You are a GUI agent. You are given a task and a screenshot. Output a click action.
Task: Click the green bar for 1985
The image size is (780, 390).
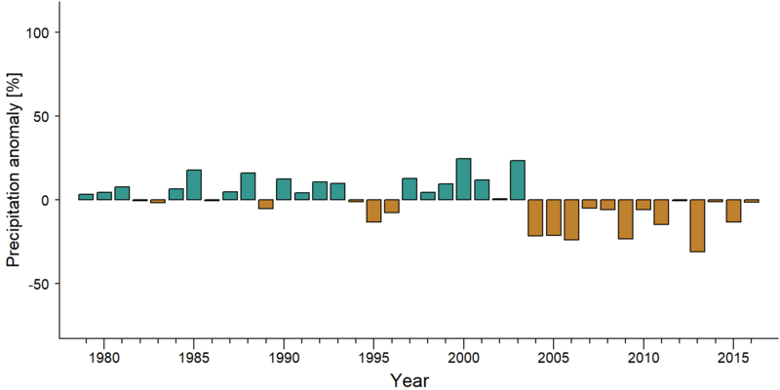pyautogui.click(x=194, y=184)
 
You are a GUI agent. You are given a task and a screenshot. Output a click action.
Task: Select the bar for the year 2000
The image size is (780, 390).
pyautogui.click(x=464, y=179)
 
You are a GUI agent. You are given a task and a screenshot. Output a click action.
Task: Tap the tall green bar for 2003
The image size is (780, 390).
pyautogui.click(x=518, y=180)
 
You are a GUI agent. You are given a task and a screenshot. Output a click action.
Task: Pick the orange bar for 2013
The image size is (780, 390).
pyautogui.click(x=697, y=225)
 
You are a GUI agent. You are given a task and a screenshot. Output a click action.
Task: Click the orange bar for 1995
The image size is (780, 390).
pyautogui.click(x=373, y=211)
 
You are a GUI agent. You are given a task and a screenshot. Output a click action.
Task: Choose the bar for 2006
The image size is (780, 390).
pyautogui.click(x=571, y=219)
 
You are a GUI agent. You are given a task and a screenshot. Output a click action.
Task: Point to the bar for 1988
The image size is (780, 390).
pyautogui.click(x=248, y=186)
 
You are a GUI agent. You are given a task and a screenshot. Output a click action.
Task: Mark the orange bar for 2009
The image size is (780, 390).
pyautogui.click(x=625, y=218)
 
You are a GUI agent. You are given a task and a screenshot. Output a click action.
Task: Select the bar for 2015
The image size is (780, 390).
pyautogui.click(x=733, y=211)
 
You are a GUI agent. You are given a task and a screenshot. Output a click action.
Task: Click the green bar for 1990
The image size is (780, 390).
pyautogui.click(x=284, y=189)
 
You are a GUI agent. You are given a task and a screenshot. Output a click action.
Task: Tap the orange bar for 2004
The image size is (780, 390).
pyautogui.click(x=535, y=217)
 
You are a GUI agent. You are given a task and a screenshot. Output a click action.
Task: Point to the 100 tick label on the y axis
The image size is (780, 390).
pyautogui.click(x=37, y=32)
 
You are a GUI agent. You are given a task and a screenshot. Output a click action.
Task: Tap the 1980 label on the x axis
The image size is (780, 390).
pyautogui.click(x=103, y=358)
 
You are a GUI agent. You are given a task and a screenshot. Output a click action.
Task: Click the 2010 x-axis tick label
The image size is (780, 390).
pyautogui.click(x=643, y=358)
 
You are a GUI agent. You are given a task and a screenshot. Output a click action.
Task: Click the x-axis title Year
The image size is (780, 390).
pyautogui.click(x=409, y=380)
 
